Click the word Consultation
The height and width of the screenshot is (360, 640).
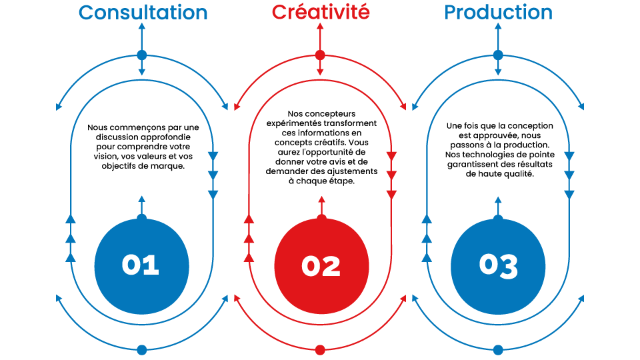[x=143, y=13]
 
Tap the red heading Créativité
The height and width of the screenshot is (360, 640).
[x=321, y=13]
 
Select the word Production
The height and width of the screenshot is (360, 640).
[x=498, y=13]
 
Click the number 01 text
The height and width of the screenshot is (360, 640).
[x=141, y=265]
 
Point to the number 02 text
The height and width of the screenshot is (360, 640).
[x=321, y=266]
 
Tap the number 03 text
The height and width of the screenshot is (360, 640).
[x=498, y=265]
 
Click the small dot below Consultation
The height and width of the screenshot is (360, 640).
[x=141, y=55]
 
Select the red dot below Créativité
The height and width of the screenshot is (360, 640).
[x=321, y=55]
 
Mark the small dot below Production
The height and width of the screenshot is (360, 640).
[x=498, y=55]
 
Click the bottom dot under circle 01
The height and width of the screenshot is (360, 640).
[x=141, y=349]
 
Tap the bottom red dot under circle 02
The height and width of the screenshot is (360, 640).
[x=320, y=349]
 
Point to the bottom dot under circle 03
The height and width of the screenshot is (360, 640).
[x=498, y=349]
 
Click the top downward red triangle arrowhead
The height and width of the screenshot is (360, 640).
[x=391, y=156]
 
